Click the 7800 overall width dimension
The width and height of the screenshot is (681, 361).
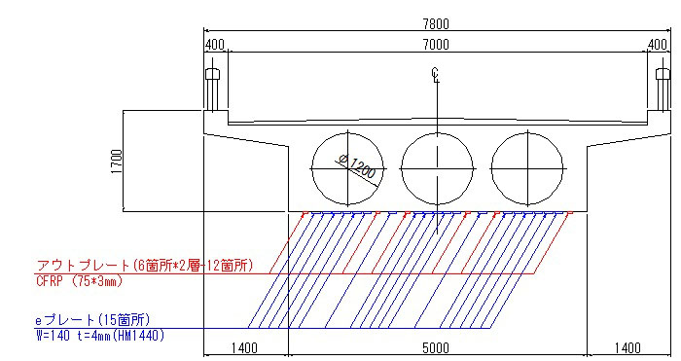click(436, 24)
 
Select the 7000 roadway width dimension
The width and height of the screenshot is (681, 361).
click(436, 45)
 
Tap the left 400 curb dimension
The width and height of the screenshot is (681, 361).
click(215, 45)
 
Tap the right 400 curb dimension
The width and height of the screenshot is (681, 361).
click(657, 45)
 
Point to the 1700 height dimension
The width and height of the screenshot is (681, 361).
click(117, 162)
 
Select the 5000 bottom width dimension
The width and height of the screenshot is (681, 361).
click(436, 348)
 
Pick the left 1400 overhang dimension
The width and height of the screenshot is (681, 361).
click(244, 348)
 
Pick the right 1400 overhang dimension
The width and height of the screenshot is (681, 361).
click(628, 348)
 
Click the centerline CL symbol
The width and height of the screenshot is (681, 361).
click(436, 75)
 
